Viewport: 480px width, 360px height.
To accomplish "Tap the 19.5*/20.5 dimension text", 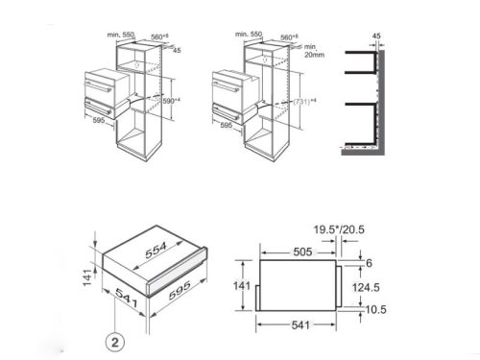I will tap(339, 229).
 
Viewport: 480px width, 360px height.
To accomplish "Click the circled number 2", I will tap(112, 340).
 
